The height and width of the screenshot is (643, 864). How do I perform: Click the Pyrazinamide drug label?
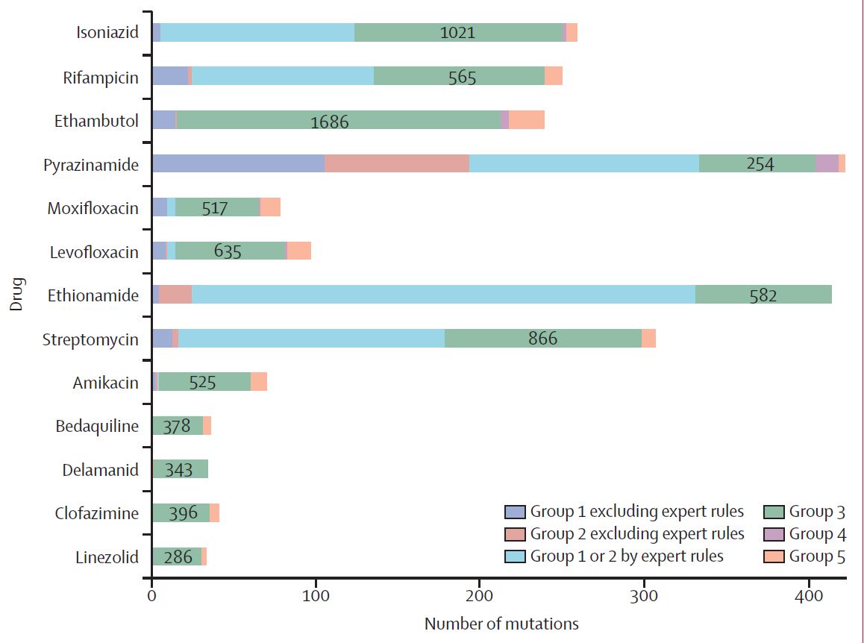[90, 165]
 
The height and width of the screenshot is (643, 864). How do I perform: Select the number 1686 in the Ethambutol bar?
[329, 121]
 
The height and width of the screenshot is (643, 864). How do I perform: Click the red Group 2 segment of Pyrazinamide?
[396, 164]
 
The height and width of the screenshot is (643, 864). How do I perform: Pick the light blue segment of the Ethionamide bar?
[443, 295]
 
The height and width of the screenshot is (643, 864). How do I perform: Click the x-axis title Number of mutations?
[501, 623]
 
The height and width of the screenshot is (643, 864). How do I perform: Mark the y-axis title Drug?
[16, 295]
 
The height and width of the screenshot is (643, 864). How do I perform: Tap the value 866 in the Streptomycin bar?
[542, 339]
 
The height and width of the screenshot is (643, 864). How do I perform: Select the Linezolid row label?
[107, 557]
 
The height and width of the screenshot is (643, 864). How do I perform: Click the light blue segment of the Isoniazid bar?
[257, 33]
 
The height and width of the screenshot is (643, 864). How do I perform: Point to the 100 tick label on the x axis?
[316, 596]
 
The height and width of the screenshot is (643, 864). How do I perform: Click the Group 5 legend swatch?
[774, 556]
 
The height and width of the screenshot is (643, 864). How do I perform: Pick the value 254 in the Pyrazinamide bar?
[760, 164]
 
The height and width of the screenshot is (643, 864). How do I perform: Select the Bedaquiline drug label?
[97, 427]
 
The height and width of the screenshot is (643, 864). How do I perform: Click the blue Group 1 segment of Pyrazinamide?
[238, 164]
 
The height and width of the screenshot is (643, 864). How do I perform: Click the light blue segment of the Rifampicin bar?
[282, 77]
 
